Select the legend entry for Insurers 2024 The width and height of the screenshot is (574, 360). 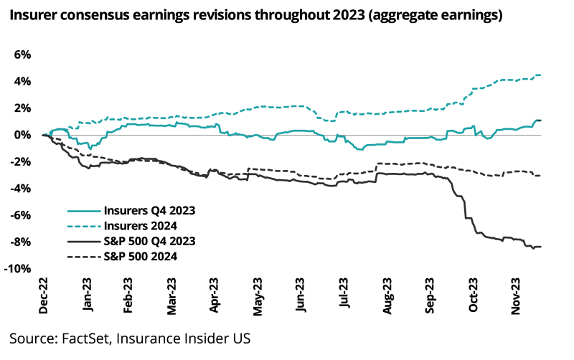point(141,226)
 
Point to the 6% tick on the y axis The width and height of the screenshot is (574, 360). point(22,55)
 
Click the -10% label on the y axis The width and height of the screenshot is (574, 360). point(19,269)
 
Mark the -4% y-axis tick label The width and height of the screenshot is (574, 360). point(21,189)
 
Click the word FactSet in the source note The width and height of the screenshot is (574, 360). point(80,338)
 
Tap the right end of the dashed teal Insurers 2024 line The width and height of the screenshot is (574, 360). point(540,75)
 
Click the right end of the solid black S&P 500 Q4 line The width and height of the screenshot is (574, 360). point(540,247)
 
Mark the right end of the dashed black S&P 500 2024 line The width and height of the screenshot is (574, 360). point(540,176)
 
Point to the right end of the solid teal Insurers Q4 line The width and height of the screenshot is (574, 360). point(540,120)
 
